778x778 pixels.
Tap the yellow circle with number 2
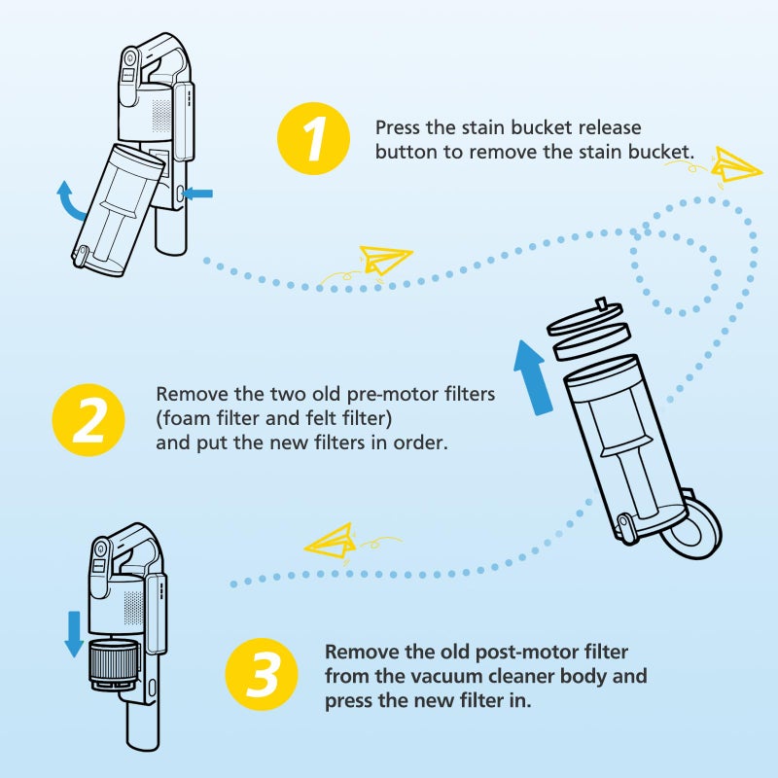point(88,418)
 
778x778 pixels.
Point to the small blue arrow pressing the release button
point(197,194)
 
